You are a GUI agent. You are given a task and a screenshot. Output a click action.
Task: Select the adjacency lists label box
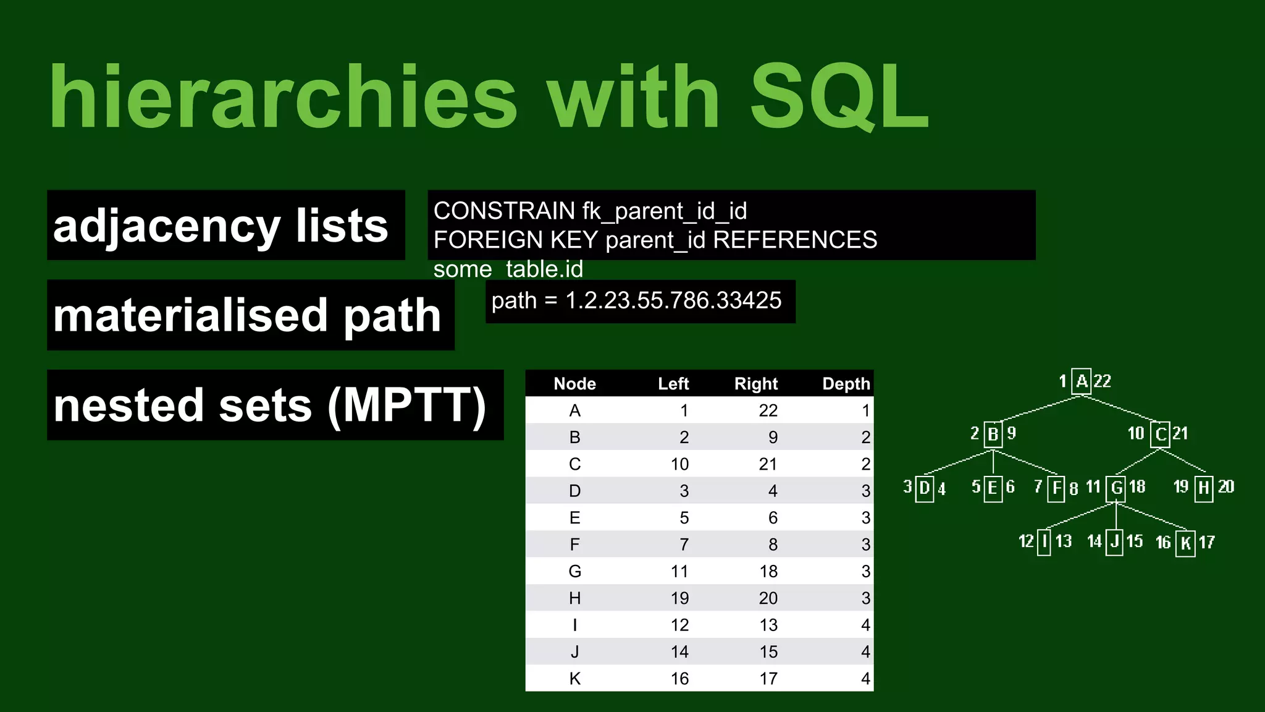(225, 225)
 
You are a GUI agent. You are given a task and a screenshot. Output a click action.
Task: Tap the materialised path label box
(250, 315)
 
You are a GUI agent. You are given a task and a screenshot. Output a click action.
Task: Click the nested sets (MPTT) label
(275, 405)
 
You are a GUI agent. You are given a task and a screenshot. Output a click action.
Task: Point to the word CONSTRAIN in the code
(504, 211)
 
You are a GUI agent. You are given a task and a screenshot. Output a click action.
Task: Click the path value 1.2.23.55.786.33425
(673, 300)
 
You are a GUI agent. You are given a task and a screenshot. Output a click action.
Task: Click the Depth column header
(846, 384)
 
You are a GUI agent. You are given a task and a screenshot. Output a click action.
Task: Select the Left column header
(673, 384)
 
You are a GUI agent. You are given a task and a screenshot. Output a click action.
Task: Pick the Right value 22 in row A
(768, 410)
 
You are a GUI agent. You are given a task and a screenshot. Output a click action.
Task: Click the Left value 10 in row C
(679, 464)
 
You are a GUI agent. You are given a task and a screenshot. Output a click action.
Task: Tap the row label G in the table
(574, 571)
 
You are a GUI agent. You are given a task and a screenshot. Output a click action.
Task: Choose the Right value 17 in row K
(768, 679)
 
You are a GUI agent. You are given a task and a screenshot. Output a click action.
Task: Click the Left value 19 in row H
(679, 598)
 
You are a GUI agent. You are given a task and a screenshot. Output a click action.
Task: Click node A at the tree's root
(1082, 381)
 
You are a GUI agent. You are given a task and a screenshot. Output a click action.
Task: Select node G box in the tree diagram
(1117, 488)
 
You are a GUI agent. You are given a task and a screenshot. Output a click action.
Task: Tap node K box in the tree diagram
(1185, 543)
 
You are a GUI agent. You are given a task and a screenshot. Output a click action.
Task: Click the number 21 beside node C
(1180, 433)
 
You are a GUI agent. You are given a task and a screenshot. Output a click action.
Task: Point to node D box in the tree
(924, 488)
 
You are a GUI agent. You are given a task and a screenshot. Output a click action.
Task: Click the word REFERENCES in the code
(795, 240)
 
